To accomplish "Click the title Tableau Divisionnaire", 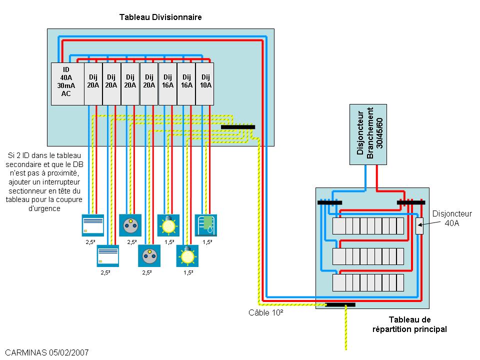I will click(160, 17).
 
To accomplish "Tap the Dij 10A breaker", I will click(205, 83).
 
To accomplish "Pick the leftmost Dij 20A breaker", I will click(93, 83).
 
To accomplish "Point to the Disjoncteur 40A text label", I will click(451, 218).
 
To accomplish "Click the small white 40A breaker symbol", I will click(419, 226).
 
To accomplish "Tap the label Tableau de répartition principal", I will click(409, 324).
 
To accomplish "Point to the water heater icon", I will click(205, 225).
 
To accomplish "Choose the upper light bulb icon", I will click(167, 225).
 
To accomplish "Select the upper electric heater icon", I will click(92, 225).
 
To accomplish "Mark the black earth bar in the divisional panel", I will click(237, 127).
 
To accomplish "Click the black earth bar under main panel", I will click(340, 304).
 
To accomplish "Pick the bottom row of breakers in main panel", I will click(368, 282).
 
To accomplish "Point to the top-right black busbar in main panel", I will click(410, 202).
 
